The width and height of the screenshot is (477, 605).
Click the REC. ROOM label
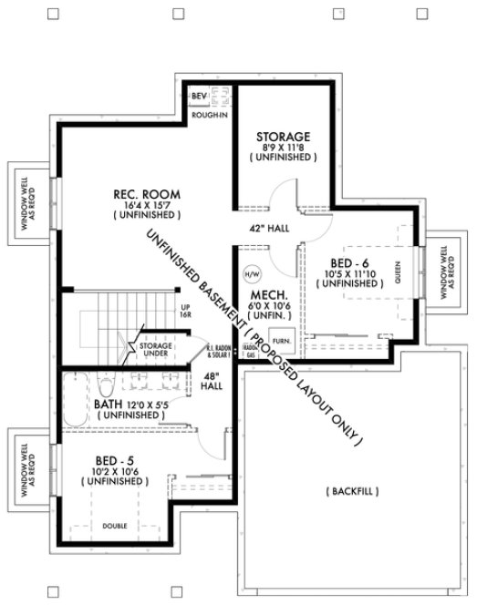[x=146, y=193]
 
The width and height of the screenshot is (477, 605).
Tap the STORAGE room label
[x=283, y=136]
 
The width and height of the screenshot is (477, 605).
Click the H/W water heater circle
[x=251, y=272]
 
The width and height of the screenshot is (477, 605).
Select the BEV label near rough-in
[x=198, y=95]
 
